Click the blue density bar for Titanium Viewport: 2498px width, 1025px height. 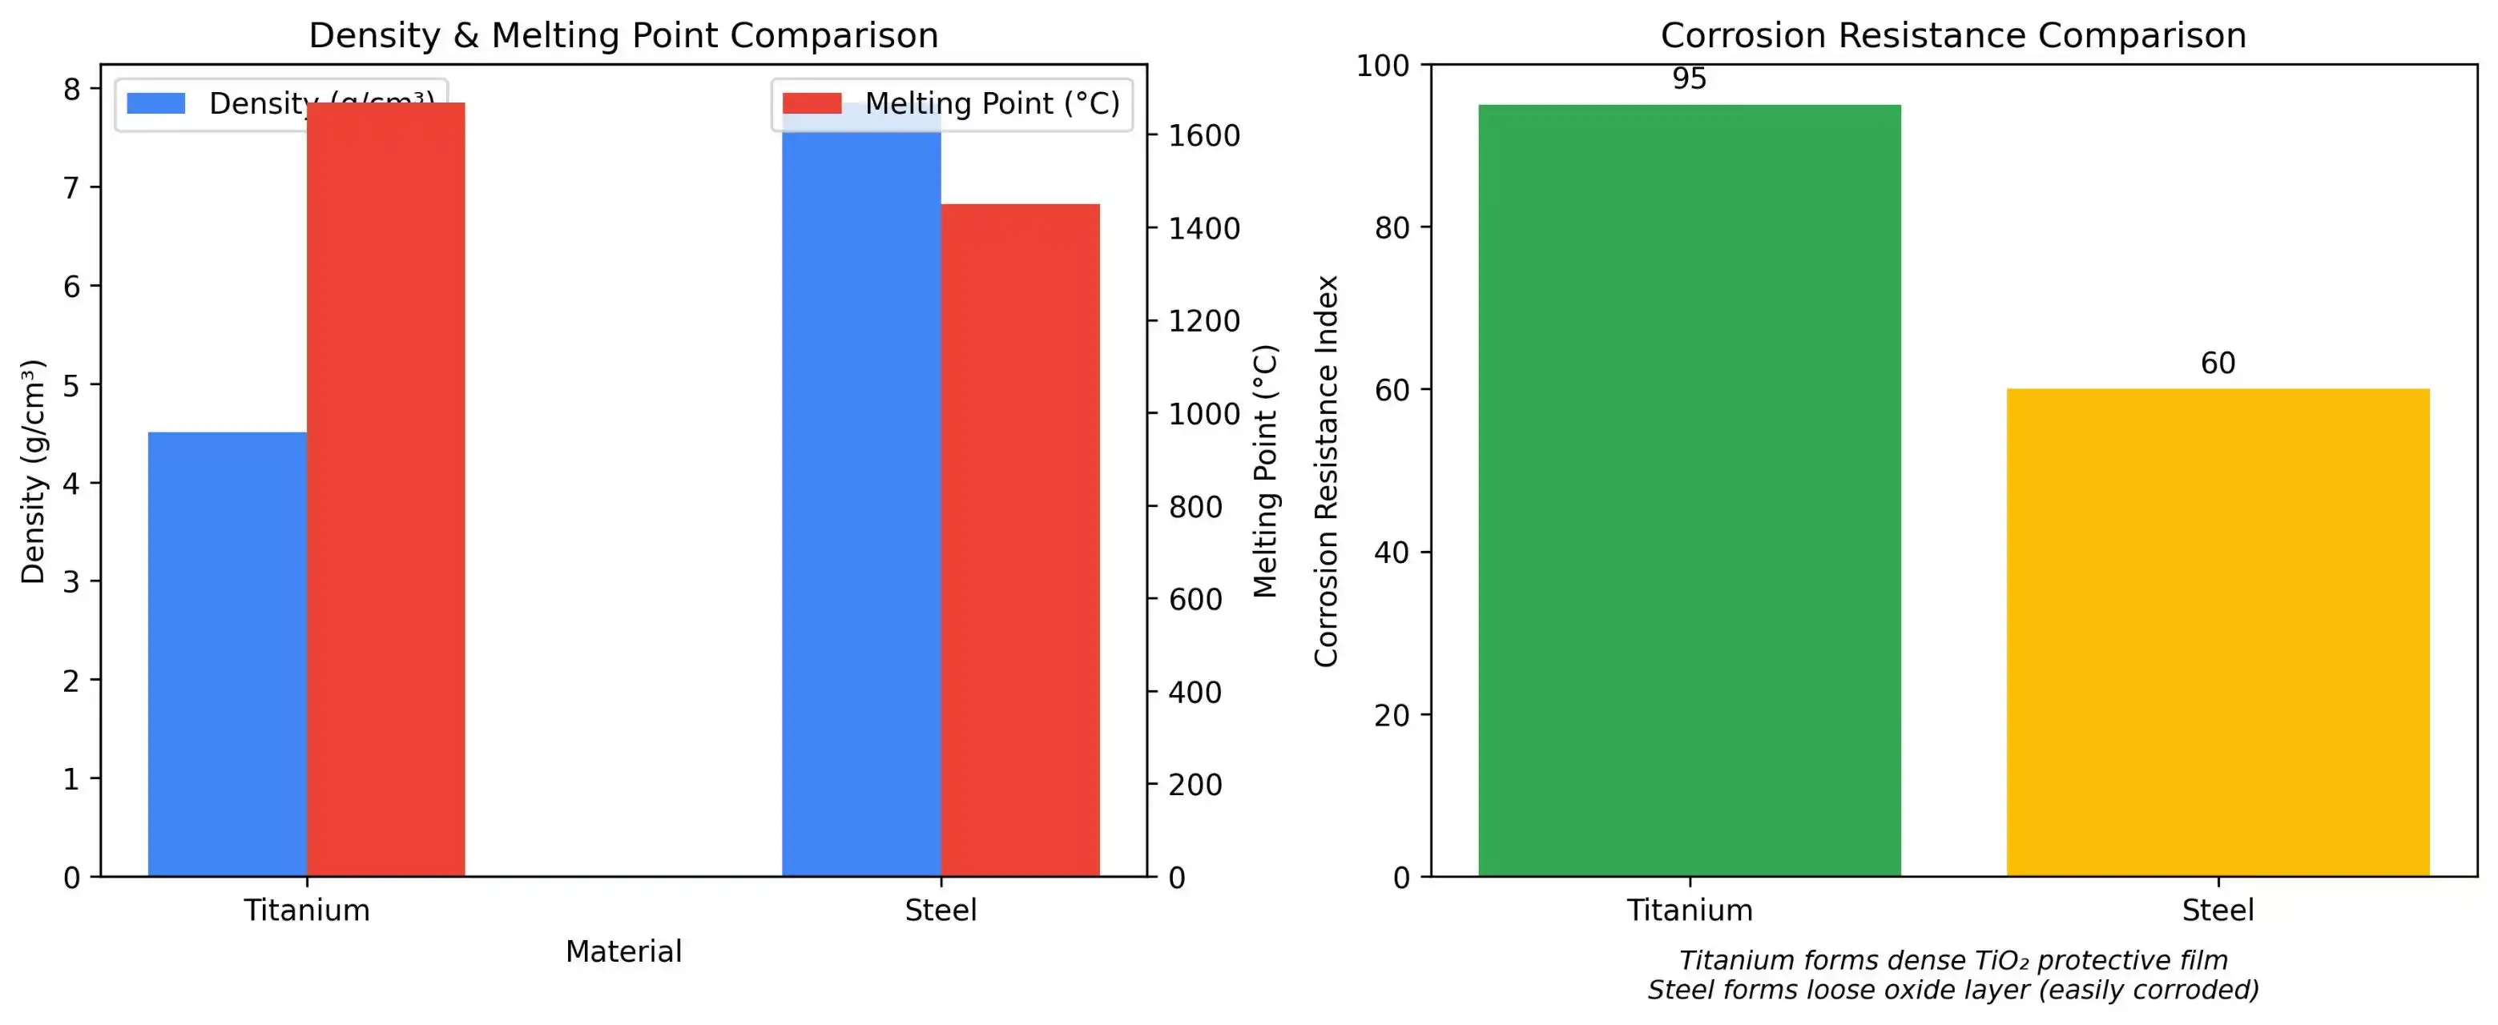pyautogui.click(x=227, y=654)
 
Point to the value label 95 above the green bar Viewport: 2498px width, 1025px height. pyautogui.click(x=1690, y=79)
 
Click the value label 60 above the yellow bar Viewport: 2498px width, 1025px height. pyautogui.click(x=2218, y=364)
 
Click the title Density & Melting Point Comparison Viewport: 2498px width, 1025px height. pyautogui.click(x=623, y=36)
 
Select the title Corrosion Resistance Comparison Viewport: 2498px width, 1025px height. pyautogui.click(x=1953, y=36)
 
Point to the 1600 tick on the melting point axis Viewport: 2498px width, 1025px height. pyautogui.click(x=1203, y=136)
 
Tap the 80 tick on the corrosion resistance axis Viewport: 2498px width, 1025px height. pyautogui.click(x=1392, y=228)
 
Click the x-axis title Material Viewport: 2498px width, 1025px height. pyautogui.click(x=623, y=951)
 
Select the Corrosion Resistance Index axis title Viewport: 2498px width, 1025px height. pyautogui.click(x=1326, y=472)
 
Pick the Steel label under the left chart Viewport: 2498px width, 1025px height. pyautogui.click(x=941, y=910)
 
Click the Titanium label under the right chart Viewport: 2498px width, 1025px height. pyautogui.click(x=1690, y=910)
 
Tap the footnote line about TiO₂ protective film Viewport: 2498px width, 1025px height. pyautogui.click(x=1953, y=960)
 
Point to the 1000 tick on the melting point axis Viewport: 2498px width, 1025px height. pyautogui.click(x=1203, y=414)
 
